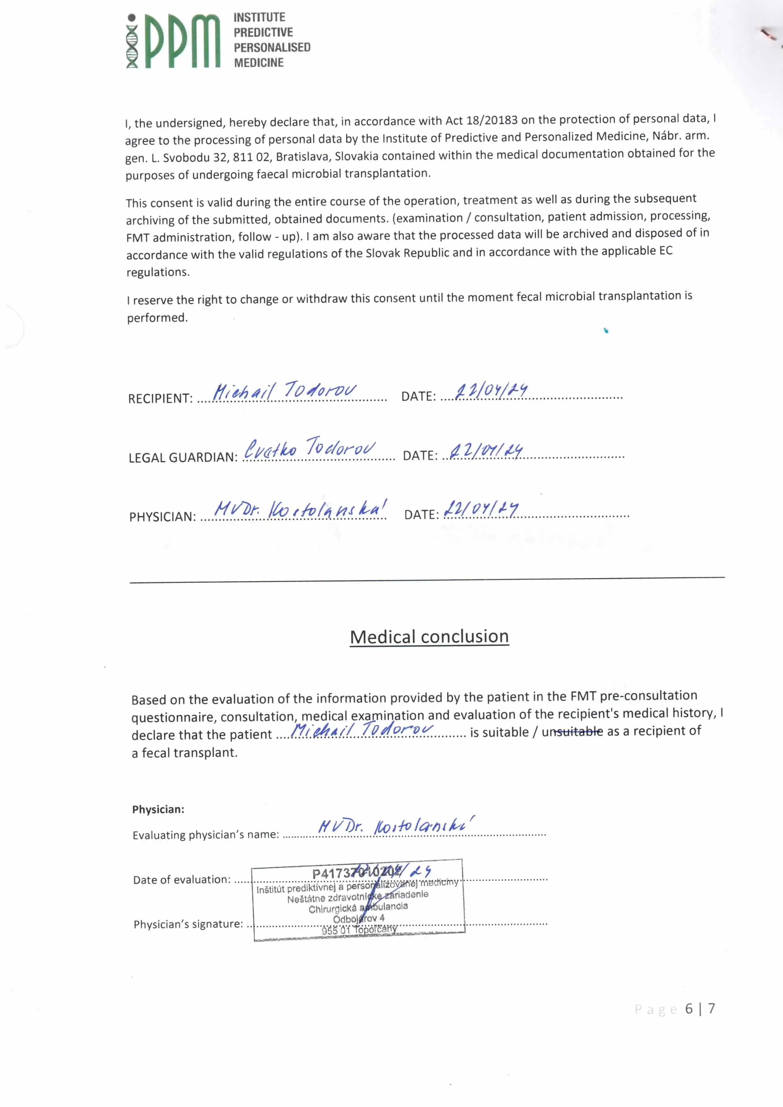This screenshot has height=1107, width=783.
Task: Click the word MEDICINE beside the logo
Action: (258, 63)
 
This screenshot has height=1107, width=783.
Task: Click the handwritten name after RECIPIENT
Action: (284, 391)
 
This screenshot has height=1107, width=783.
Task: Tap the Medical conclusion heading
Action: (429, 636)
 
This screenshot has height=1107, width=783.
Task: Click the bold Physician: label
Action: (158, 809)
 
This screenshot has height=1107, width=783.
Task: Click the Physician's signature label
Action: (188, 924)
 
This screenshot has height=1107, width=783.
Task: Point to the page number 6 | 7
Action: (700, 1009)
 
